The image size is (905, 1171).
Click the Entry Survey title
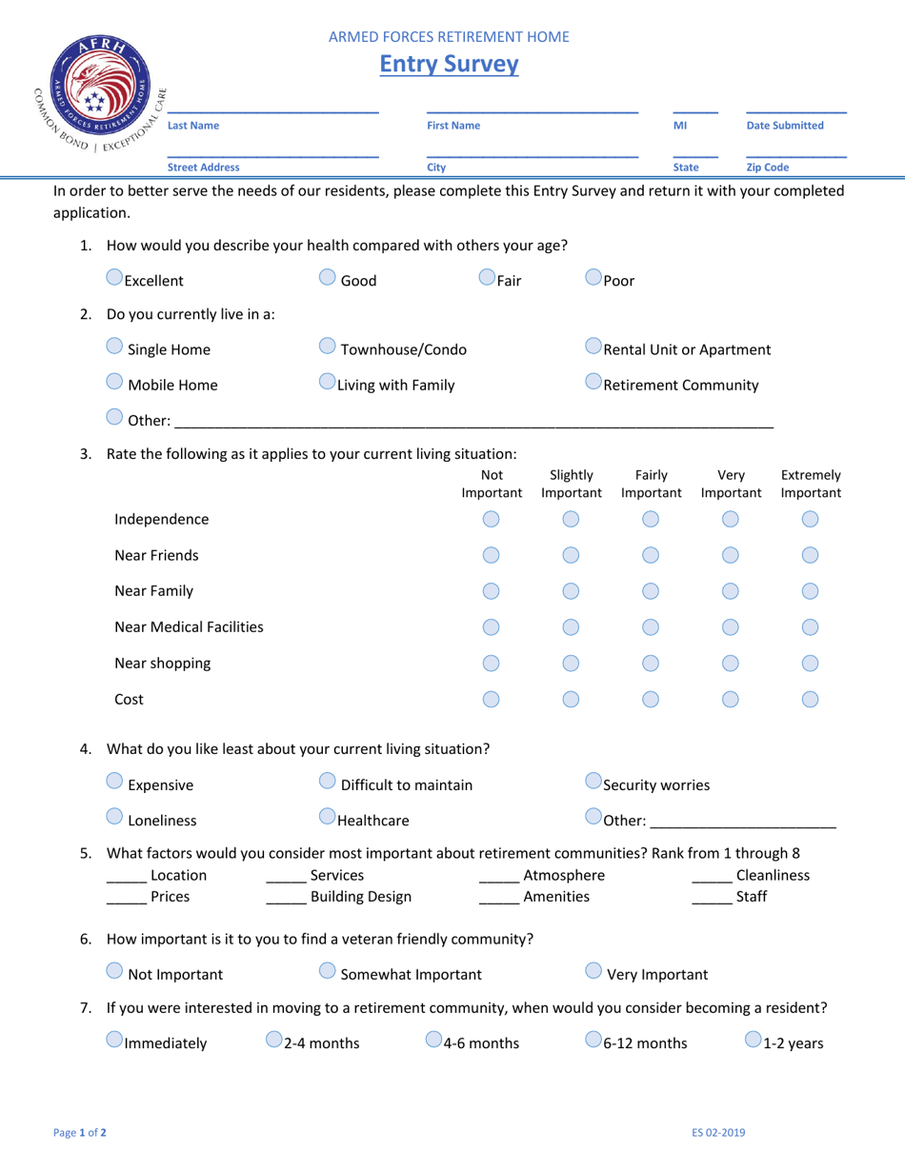tap(450, 65)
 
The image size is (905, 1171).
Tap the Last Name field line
tap(272, 111)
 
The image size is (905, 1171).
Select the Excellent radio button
tap(114, 280)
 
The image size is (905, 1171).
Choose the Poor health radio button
tap(594, 280)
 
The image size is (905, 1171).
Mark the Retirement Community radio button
tap(594, 386)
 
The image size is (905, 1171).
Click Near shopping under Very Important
tap(731, 664)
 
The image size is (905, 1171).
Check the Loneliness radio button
tap(114, 820)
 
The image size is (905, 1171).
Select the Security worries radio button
tap(594, 785)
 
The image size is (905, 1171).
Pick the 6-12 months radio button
tap(594, 1042)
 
